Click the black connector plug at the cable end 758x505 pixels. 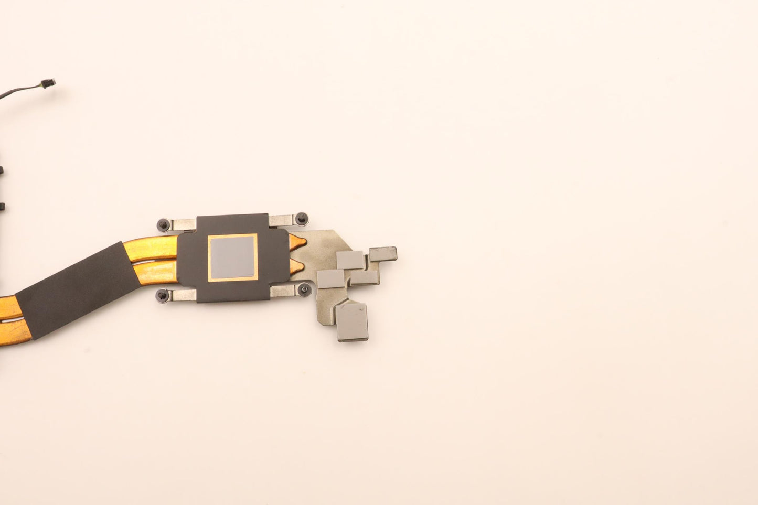point(48,83)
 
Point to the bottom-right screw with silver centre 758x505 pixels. point(304,289)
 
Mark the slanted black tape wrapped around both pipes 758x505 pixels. point(79,288)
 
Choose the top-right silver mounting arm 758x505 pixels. point(282,220)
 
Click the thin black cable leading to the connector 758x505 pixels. point(18,90)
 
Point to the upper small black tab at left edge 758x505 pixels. point(2,171)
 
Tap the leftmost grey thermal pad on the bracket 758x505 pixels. point(330,278)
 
